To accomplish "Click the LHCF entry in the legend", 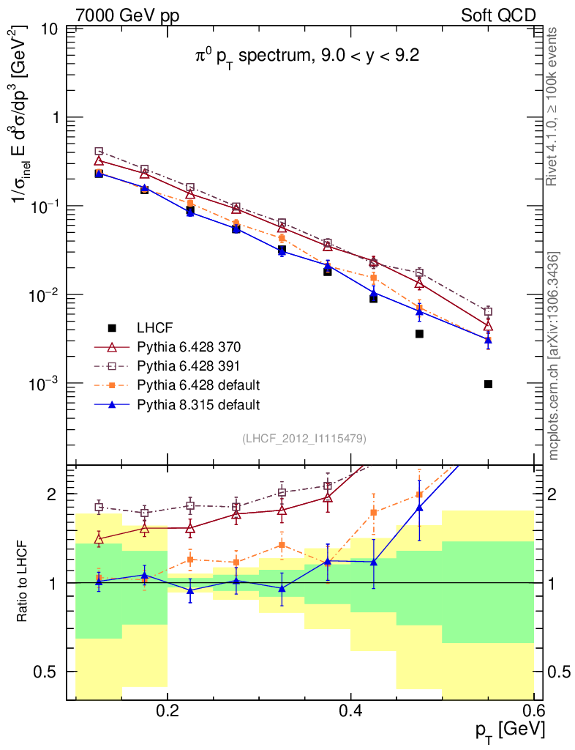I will (x=155, y=327).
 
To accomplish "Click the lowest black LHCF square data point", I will (x=488, y=384).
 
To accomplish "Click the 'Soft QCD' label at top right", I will (x=498, y=15).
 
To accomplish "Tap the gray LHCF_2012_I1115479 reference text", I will (x=304, y=438).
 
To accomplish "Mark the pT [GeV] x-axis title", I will (x=509, y=729).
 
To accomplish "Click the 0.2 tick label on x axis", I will (x=168, y=710).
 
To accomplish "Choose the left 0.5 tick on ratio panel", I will (x=48, y=672).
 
